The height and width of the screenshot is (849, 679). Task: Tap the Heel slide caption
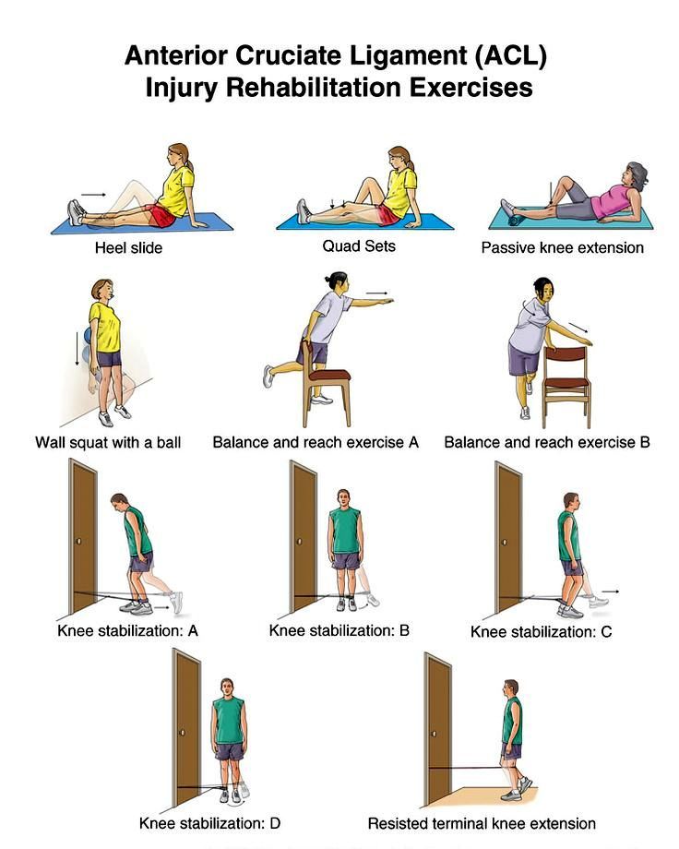tap(129, 248)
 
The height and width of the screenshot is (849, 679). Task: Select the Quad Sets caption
tap(359, 246)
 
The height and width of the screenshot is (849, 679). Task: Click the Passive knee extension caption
tap(563, 248)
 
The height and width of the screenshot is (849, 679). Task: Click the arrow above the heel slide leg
tap(94, 195)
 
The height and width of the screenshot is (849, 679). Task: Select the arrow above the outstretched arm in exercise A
tap(377, 293)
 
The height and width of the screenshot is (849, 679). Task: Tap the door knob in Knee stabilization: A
tap(79, 541)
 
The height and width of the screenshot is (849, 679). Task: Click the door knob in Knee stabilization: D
tap(183, 732)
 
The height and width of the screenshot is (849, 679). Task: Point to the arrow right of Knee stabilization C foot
tap(611, 592)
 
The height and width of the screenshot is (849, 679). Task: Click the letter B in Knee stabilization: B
tap(404, 631)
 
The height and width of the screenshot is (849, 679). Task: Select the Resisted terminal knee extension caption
tap(482, 823)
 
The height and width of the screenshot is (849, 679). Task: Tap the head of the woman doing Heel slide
tap(179, 156)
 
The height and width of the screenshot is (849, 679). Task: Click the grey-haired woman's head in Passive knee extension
tap(636, 176)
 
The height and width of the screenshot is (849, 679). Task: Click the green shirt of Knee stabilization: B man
tap(345, 531)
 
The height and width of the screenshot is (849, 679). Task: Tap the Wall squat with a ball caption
tap(108, 442)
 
